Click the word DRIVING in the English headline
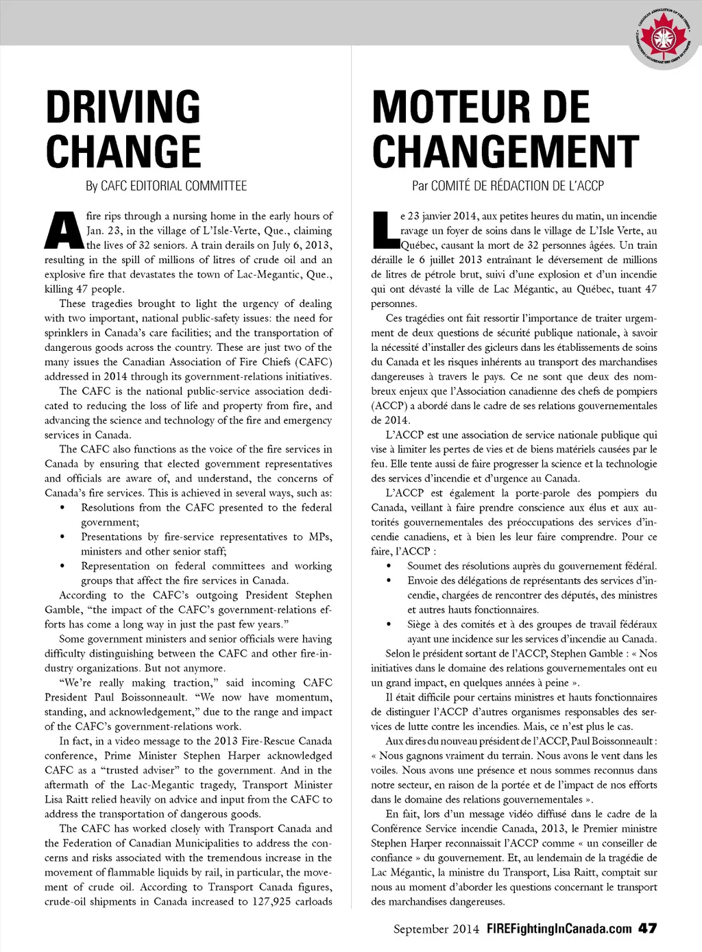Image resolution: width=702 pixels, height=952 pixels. [x=123, y=107]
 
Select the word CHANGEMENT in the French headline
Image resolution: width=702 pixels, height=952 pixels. [x=505, y=151]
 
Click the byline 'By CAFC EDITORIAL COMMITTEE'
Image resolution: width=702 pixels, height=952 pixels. [x=166, y=186]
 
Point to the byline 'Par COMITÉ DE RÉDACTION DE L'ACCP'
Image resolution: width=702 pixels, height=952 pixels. [x=507, y=186]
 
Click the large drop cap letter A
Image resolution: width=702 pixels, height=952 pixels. [x=64, y=231]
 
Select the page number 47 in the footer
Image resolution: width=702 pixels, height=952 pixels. [x=647, y=929]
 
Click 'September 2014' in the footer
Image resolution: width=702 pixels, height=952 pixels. [x=436, y=929]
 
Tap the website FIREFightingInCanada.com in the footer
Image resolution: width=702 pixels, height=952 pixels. [x=559, y=929]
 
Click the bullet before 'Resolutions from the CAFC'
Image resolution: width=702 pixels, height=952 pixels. [x=62, y=508]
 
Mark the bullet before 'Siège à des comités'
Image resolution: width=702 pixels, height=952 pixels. [x=389, y=624]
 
